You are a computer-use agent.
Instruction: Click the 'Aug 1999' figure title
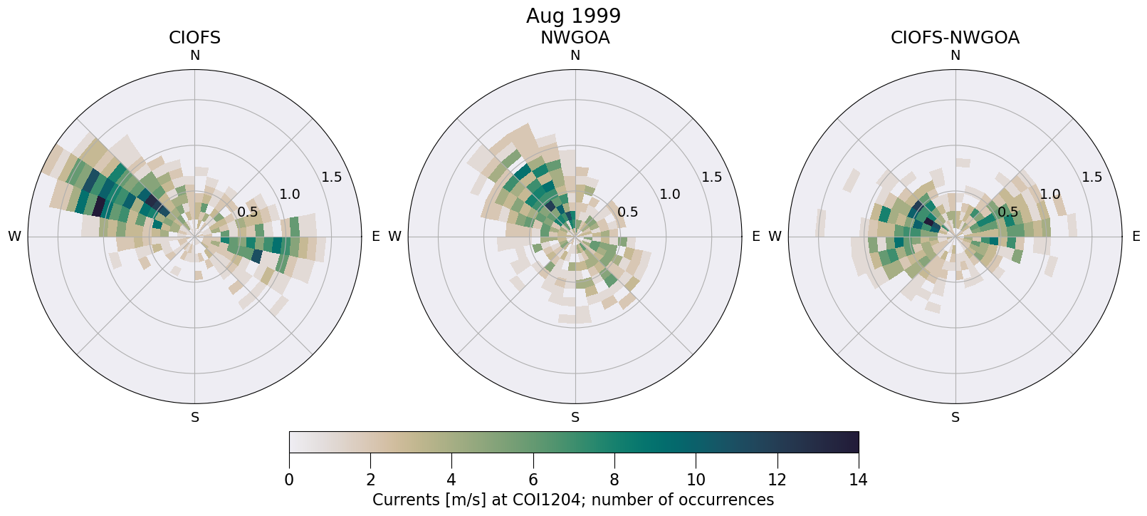(573, 16)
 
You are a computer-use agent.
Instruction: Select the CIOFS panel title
(194, 38)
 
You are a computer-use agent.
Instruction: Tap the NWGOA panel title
(575, 38)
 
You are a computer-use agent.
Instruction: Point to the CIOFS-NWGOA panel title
(955, 38)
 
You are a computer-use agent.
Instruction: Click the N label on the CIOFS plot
(194, 56)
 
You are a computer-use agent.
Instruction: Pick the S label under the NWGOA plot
(575, 418)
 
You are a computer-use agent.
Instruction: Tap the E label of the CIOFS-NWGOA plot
(1136, 237)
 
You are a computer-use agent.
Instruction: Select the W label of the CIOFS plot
(14, 237)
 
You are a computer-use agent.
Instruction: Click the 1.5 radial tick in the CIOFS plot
(332, 177)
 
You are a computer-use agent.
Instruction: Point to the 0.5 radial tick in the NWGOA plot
(628, 212)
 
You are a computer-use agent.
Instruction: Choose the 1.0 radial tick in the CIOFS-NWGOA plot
(1050, 194)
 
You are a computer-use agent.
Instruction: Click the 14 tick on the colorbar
(858, 480)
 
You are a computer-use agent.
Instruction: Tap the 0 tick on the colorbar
(289, 480)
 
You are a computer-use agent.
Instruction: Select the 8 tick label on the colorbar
(614, 480)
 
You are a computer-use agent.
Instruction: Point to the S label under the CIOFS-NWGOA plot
(955, 418)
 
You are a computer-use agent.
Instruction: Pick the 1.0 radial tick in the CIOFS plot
(290, 194)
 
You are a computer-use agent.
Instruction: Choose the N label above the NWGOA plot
(575, 56)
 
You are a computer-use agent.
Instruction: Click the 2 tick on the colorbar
(370, 480)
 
